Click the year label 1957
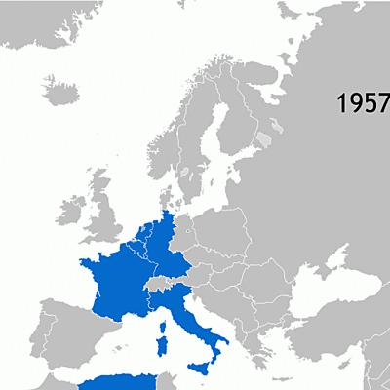363,103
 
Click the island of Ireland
71,213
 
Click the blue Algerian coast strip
117,383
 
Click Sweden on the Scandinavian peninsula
195,146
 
